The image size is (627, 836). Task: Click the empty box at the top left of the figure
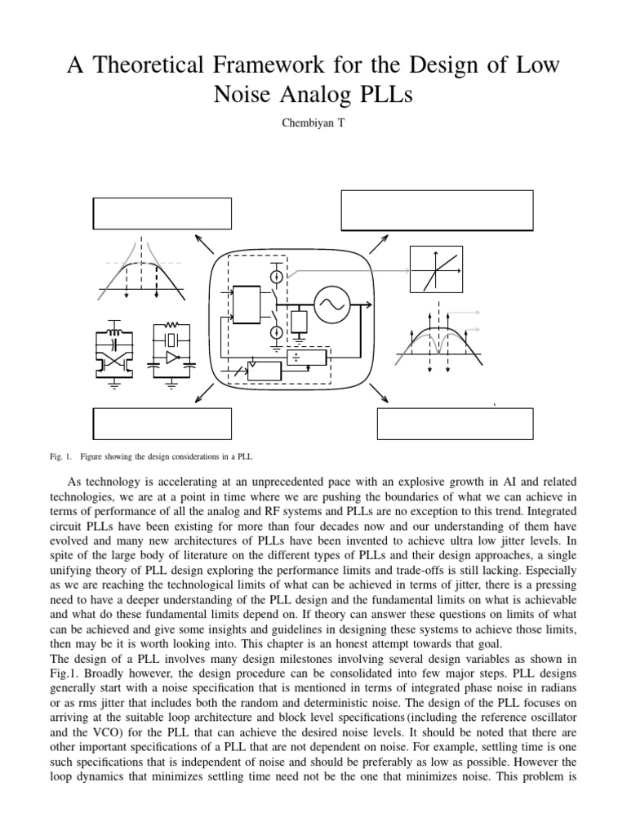(x=162, y=213)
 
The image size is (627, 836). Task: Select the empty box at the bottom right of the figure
(x=455, y=424)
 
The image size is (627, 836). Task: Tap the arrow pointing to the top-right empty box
(x=378, y=242)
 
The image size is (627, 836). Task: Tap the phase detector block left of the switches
(x=244, y=303)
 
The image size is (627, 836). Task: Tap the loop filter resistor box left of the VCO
(x=299, y=320)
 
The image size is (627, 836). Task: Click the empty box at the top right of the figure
(x=437, y=211)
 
